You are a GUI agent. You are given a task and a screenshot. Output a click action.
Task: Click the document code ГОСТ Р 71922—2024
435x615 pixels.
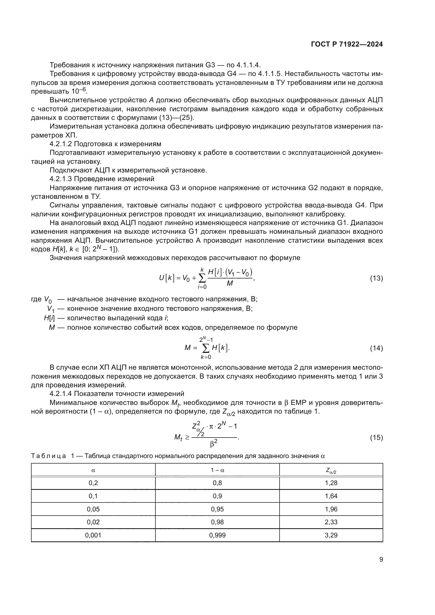347,44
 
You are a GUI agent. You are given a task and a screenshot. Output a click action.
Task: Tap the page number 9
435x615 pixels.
381,560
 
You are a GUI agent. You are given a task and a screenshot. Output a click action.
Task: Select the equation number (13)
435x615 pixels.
376,278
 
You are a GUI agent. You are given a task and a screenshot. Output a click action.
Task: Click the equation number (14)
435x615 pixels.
376,348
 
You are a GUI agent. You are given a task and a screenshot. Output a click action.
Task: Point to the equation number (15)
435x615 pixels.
376,438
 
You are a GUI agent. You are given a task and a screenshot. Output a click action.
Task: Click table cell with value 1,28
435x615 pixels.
331,483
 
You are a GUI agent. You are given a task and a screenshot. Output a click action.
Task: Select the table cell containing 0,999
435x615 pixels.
217,535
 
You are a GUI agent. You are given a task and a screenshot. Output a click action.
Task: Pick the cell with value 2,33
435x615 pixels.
331,522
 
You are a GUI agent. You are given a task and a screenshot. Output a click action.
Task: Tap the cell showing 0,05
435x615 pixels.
93,509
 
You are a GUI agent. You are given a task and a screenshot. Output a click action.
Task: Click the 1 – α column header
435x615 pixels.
217,470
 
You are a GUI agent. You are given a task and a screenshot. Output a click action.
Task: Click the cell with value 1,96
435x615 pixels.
331,509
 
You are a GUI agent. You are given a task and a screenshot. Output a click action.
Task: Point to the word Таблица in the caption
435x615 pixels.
48,456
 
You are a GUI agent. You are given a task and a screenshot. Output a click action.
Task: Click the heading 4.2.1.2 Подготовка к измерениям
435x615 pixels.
105,144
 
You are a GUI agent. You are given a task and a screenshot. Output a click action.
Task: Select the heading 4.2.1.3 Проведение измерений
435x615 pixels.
102,179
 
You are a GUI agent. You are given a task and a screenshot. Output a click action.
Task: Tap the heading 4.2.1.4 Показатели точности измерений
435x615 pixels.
117,394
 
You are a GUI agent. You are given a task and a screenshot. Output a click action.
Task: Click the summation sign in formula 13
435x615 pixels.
202,279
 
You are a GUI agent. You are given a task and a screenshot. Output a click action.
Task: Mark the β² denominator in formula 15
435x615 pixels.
214,444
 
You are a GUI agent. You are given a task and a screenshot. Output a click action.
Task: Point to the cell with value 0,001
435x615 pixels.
93,535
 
